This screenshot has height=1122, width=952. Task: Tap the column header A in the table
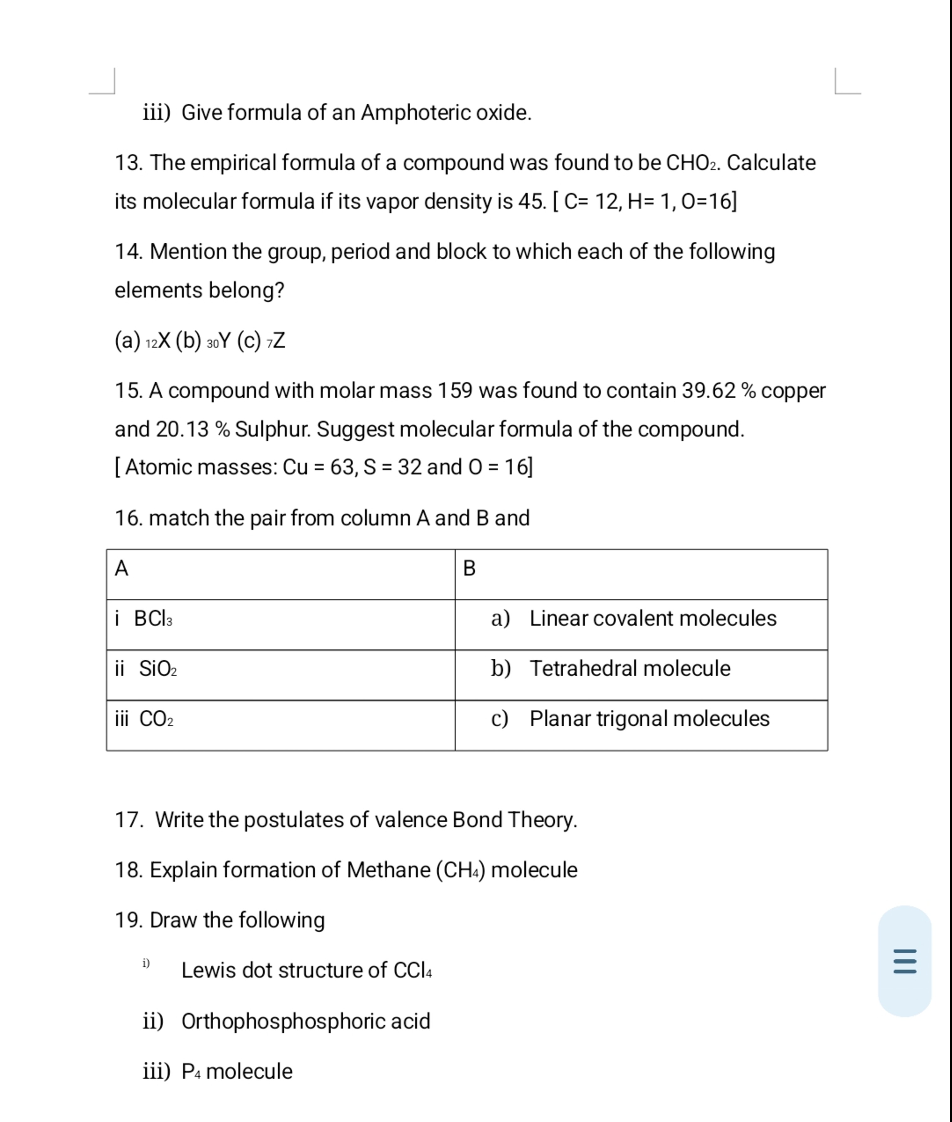pyautogui.click(x=121, y=568)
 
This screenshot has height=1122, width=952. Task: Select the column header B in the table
pyautogui.click(x=469, y=568)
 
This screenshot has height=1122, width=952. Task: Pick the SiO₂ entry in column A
pyautogui.click(x=158, y=669)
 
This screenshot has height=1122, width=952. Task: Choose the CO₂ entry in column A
pyautogui.click(x=156, y=719)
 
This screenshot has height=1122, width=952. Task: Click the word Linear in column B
pyautogui.click(x=558, y=618)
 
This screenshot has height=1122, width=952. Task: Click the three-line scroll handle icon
pyautogui.click(x=904, y=961)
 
